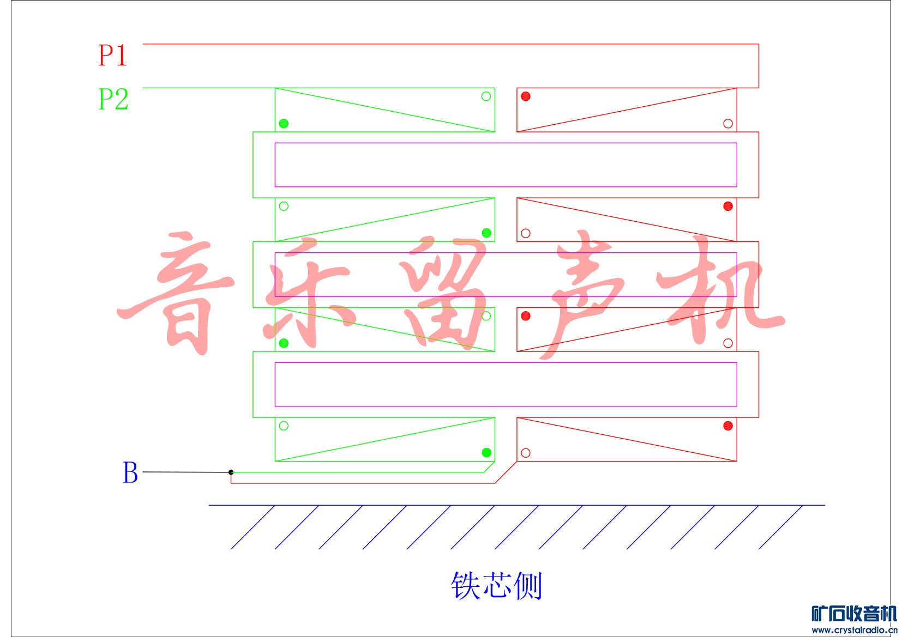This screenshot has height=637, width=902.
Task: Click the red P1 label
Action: coord(112,56)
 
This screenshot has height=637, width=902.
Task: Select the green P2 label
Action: coord(113,99)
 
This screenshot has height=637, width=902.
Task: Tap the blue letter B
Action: coord(130,472)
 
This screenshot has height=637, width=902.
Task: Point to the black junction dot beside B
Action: coord(231,472)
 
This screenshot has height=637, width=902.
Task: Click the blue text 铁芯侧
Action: coord(496,586)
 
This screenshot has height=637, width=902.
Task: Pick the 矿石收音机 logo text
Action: coord(853,614)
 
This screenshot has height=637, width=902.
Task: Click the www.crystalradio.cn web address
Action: coord(853,630)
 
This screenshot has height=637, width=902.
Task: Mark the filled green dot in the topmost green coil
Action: coord(284,124)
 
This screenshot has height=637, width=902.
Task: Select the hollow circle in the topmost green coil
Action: coord(486,96)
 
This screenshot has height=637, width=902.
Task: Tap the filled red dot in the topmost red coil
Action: coord(526,96)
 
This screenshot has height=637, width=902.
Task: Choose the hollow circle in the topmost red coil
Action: coord(727,124)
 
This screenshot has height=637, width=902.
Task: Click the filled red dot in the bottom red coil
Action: coord(727,426)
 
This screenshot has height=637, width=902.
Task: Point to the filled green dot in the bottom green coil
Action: coord(486,452)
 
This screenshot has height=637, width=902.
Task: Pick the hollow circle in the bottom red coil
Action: coord(526,453)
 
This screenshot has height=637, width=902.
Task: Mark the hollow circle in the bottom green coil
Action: coord(284,426)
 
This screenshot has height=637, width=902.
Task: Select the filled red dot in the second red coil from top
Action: coord(727,206)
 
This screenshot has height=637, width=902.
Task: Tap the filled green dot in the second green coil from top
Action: coord(486,233)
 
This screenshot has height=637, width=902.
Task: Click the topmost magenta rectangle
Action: coord(506,165)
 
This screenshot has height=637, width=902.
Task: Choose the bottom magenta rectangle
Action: coord(506,384)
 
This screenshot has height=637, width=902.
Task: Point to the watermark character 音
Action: coord(177,292)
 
